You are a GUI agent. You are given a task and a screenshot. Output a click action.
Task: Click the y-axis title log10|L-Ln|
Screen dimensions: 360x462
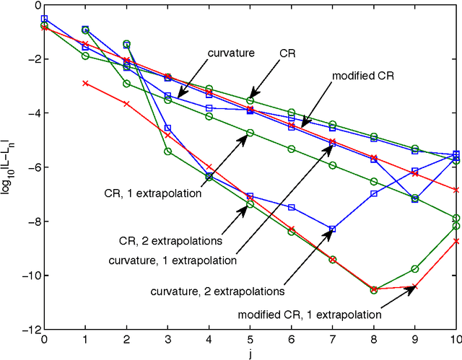[9, 168]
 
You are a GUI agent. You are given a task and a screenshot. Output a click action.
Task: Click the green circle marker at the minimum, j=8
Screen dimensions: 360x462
[374, 290]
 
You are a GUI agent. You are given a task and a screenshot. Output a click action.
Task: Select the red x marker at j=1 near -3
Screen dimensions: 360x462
[85, 83]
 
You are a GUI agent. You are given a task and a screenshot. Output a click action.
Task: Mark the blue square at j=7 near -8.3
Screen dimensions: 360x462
[333, 229]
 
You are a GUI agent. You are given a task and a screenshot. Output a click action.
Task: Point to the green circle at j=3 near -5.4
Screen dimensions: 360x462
[167, 152]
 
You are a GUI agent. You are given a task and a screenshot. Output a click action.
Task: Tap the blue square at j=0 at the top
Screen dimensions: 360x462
[44, 19]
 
